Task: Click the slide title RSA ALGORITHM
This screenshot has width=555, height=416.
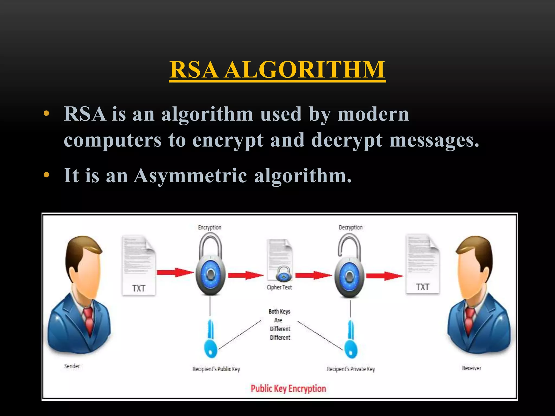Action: coord(277,70)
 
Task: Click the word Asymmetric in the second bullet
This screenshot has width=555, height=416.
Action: coord(190,175)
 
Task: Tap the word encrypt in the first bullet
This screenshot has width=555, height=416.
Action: coord(228,140)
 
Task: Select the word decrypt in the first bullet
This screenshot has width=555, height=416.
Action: coord(347,140)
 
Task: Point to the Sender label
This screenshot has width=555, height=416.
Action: coord(72,366)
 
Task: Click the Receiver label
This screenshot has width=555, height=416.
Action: coord(472,368)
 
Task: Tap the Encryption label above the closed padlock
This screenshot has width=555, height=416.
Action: coord(209,227)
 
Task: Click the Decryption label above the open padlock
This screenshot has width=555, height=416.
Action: coord(350,227)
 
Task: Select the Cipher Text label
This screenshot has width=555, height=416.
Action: coord(279,287)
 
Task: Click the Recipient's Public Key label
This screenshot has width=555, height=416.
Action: coord(216,369)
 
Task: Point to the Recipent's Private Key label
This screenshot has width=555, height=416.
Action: coord(351,369)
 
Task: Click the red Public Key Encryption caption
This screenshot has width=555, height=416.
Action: coord(288,389)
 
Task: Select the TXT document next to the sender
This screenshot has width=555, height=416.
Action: coord(138,265)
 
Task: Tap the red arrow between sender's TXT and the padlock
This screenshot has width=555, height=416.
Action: coord(175,272)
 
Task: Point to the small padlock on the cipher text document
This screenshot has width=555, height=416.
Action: coord(283,274)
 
